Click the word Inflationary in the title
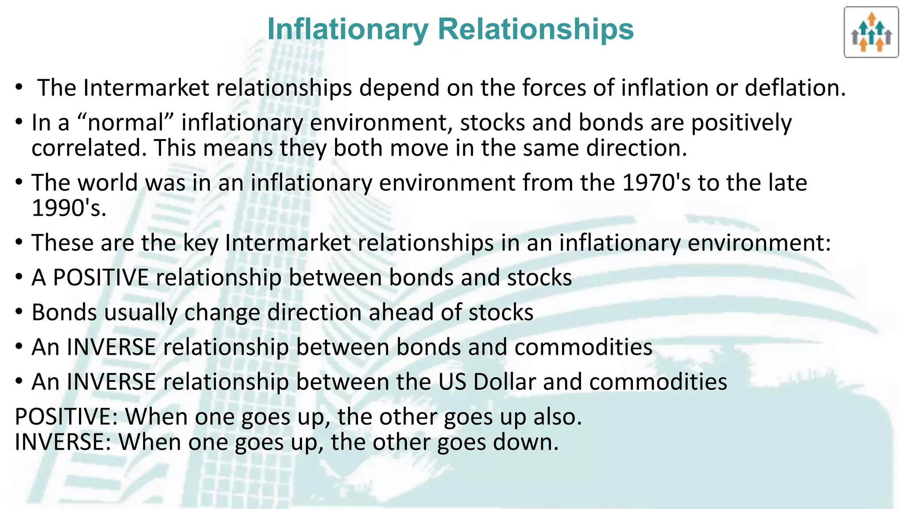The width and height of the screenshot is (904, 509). point(348,29)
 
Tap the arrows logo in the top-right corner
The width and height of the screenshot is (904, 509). point(871,32)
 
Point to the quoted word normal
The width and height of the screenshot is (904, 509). point(126,122)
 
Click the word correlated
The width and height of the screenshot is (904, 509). point(89,148)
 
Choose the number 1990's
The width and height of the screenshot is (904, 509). point(69,208)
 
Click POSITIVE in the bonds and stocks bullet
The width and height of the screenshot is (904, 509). point(101,277)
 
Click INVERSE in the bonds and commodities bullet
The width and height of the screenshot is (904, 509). point(111,347)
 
